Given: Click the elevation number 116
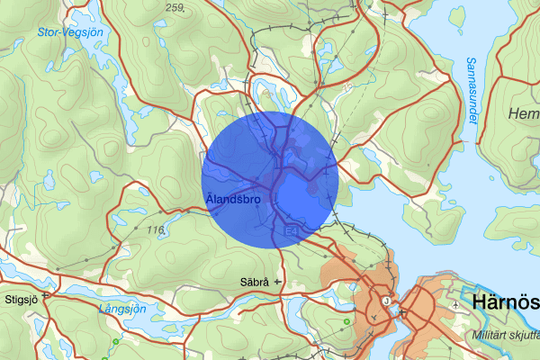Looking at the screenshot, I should pos(154,230).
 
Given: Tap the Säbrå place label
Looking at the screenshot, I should pos(255,282).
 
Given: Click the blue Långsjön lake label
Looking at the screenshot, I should pos(120,308).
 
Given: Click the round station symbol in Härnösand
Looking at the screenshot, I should pos(387,301).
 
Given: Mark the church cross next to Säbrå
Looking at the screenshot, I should pos(277,282).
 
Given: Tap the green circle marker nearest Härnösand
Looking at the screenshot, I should pos(346,321).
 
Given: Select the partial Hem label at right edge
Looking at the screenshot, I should pos(524,113).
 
